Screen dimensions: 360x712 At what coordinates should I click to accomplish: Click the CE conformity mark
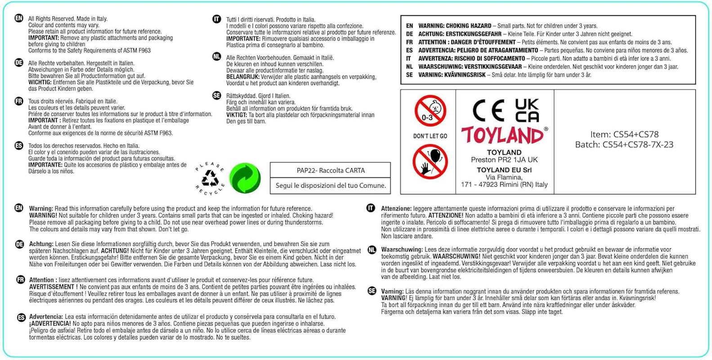pyautogui.click(x=488, y=111)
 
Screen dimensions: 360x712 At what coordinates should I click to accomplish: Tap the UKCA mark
pyautogui.click(x=527, y=111)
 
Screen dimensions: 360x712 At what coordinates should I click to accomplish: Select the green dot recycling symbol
pyautogui.click(x=245, y=178)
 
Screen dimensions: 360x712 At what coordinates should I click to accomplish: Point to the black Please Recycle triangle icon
pyautogui.click(x=210, y=179)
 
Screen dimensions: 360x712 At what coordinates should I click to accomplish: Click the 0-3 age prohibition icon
pyautogui.click(x=430, y=111)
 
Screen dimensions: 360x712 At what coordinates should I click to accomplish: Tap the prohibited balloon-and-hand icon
pyautogui.click(x=430, y=162)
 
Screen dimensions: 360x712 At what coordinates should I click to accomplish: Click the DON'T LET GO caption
pyautogui.click(x=430, y=136)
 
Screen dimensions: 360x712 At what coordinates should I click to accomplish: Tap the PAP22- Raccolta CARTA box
pyautogui.click(x=331, y=170)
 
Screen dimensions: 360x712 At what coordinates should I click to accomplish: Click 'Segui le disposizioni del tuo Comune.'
pyautogui.click(x=331, y=185)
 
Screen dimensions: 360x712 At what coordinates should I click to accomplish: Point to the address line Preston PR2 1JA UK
pyautogui.click(x=504, y=160)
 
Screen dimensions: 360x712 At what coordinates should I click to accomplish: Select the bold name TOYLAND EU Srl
pyautogui.click(x=504, y=170)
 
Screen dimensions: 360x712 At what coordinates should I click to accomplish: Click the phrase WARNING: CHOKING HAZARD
pyautogui.click(x=454, y=26)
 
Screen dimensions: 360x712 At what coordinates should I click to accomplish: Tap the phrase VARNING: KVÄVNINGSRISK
pyautogui.click(x=452, y=75)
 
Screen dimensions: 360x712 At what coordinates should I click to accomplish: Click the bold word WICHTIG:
pyautogui.click(x=40, y=82)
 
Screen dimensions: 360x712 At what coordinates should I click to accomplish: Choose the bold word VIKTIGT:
pyautogui.click(x=237, y=115)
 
